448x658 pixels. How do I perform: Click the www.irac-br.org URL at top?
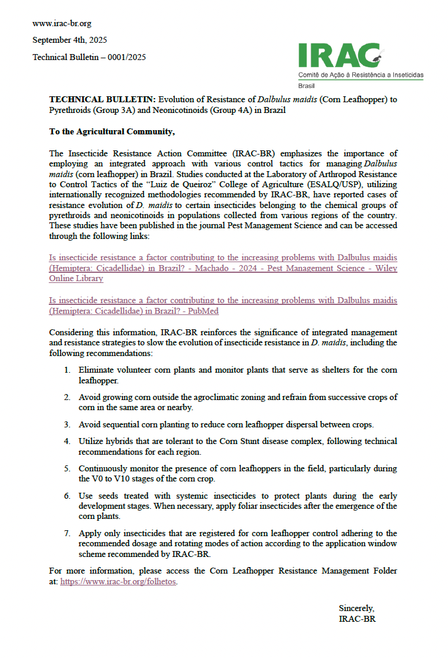tap(62, 24)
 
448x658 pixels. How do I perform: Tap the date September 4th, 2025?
tap(70, 40)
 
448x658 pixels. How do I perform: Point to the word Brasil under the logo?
tap(307, 86)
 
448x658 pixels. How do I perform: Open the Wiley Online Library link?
tap(223, 268)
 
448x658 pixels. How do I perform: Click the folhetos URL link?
tap(118, 582)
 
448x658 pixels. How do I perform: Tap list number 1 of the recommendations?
tap(68, 370)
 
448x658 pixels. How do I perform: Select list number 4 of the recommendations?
tap(68, 441)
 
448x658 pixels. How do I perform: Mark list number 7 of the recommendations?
tap(68, 533)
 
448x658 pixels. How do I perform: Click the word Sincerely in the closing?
tap(356, 608)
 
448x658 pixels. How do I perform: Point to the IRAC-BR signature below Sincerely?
tap(357, 619)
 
